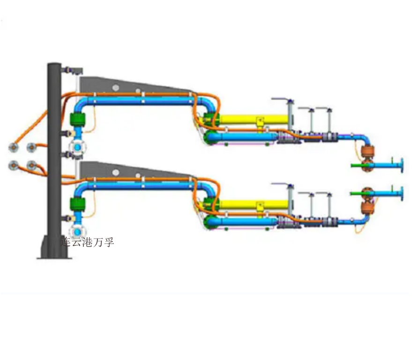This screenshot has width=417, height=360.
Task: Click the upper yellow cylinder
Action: click(254, 119)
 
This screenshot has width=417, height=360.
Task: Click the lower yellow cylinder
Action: click(254, 204)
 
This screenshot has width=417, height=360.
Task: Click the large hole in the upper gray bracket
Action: click(115, 87)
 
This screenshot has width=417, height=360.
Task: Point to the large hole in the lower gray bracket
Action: click(115, 172)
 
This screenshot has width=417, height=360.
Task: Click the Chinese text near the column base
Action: click(88, 242)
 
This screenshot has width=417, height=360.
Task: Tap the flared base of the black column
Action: click(54, 247)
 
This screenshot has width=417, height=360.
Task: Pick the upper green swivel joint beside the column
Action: click(77, 119)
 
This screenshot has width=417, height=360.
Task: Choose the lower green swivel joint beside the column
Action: click(77, 204)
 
